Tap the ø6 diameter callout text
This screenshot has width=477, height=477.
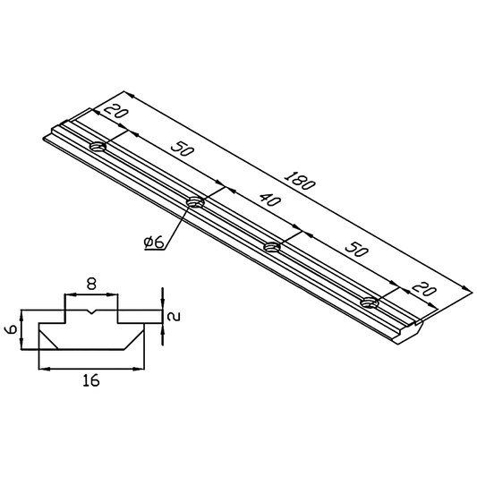click(153, 243)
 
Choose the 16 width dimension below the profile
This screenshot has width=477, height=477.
click(90, 380)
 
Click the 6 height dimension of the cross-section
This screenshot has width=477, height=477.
click(11, 328)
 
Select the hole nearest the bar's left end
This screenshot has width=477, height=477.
click(97, 146)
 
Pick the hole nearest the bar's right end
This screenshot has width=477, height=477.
click(371, 303)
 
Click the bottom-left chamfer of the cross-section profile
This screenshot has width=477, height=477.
click(46, 337)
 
